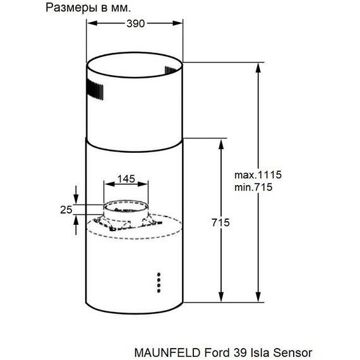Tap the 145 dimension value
point(127,179)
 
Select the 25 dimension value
point(64,210)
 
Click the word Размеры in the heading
point(71,8)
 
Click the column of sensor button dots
point(159,282)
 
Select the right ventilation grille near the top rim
point(172,70)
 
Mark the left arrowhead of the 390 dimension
point(90,23)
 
